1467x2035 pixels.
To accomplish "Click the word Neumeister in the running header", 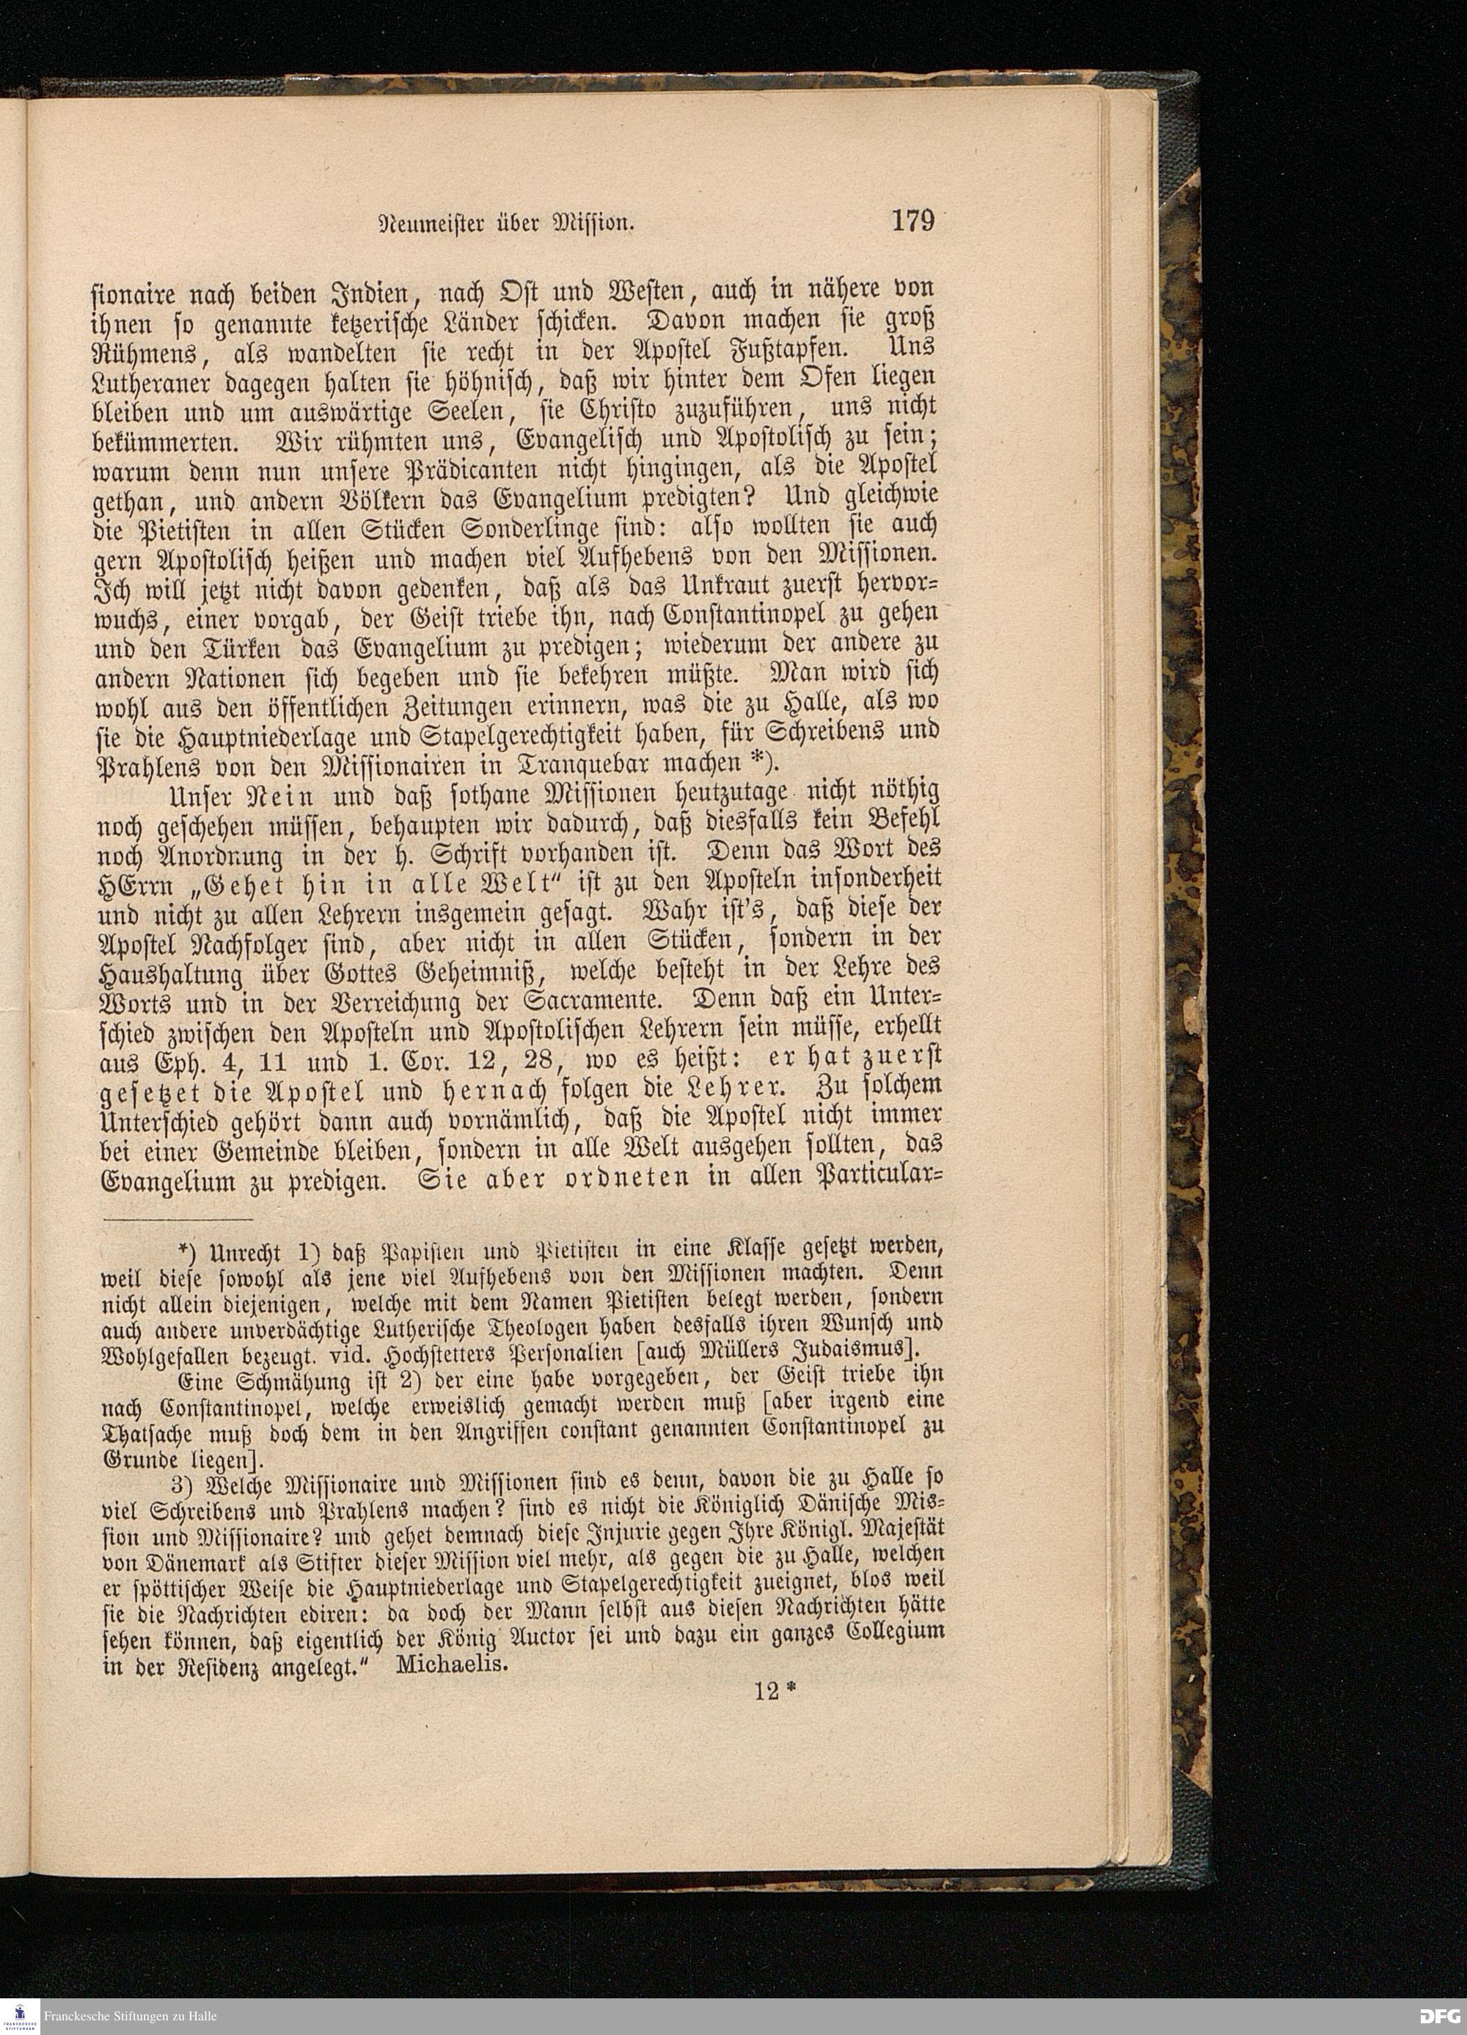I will pos(426,224).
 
